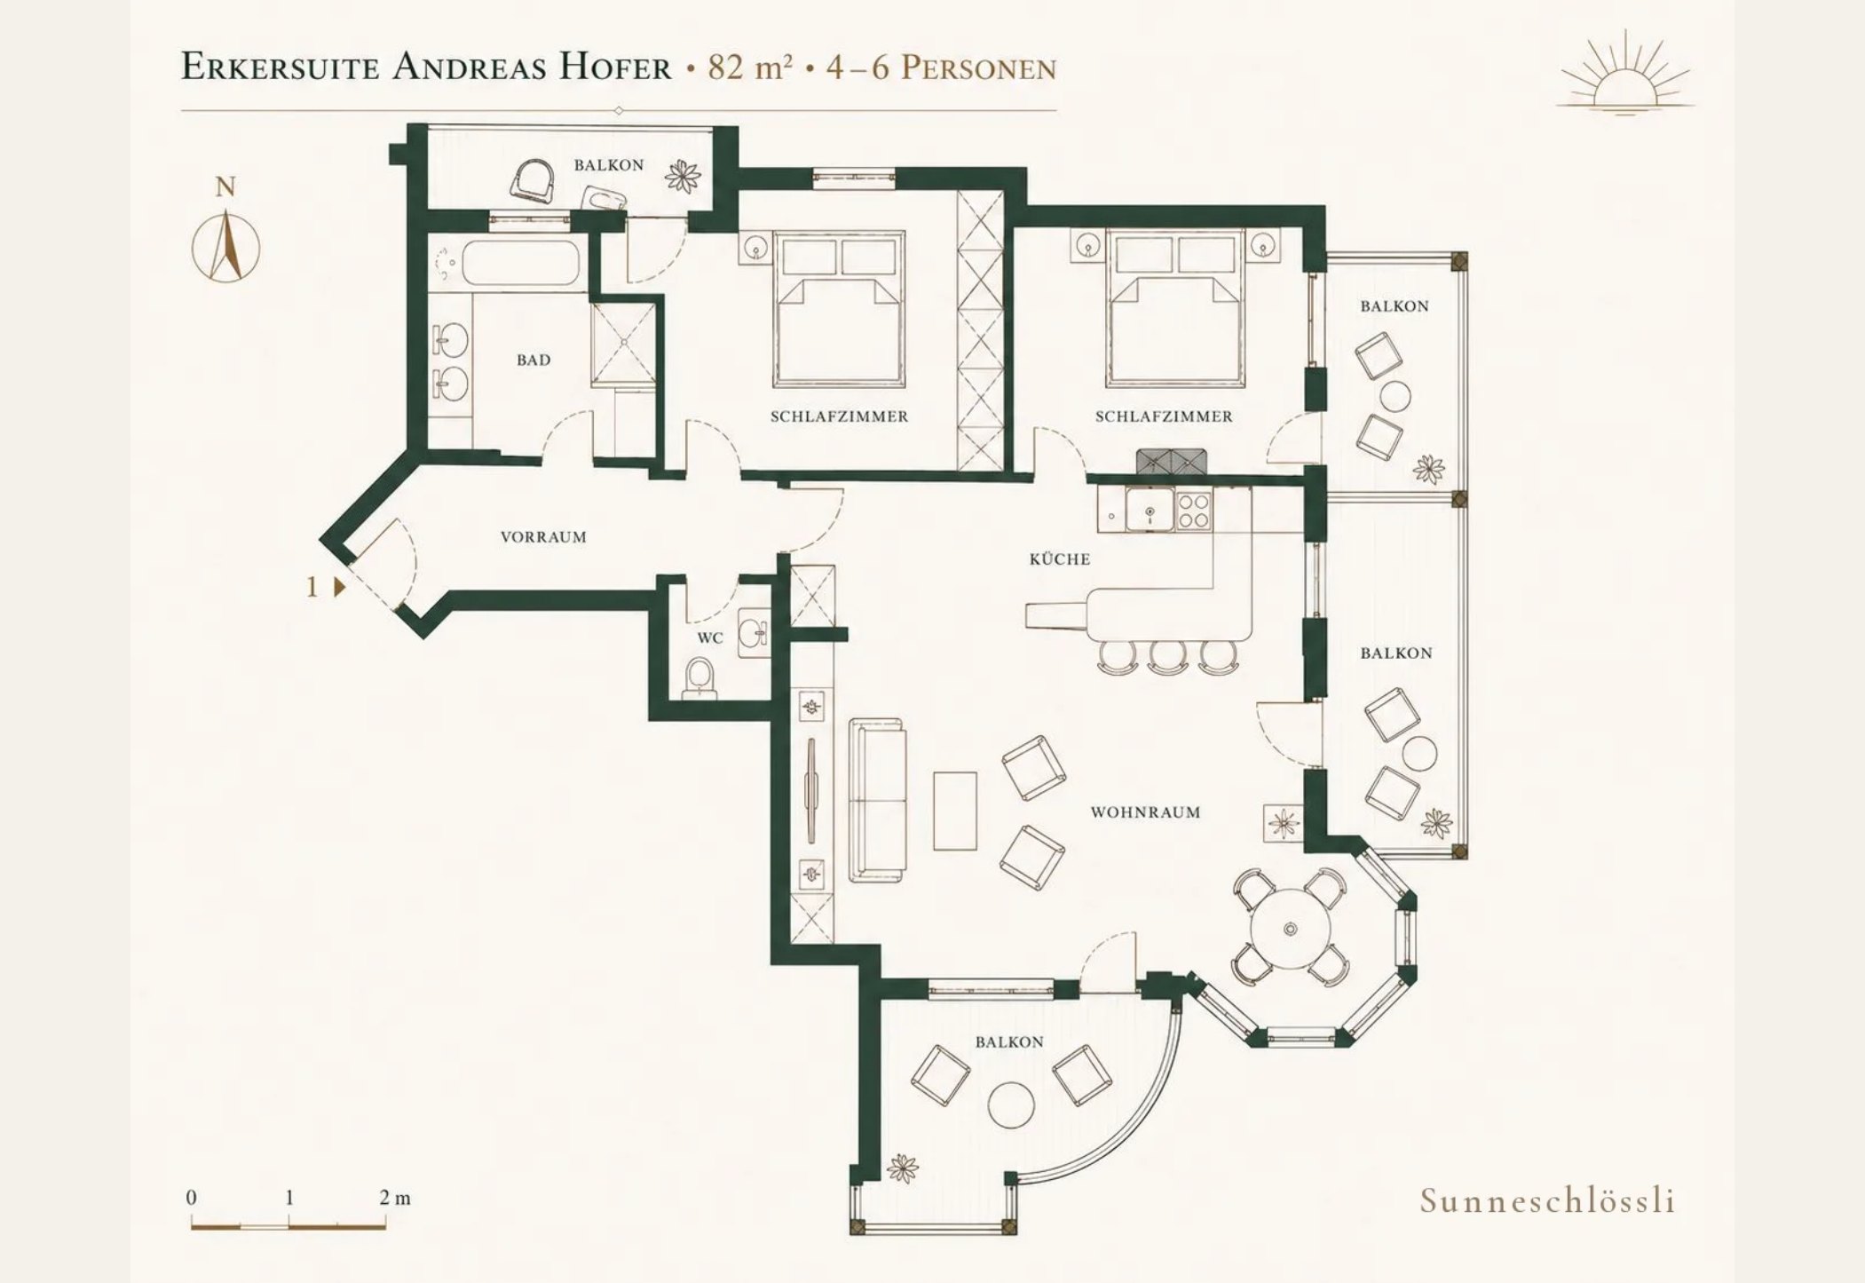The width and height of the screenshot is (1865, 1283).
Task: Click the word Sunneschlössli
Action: (x=1547, y=1200)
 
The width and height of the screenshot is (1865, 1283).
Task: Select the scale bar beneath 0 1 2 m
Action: (x=288, y=1226)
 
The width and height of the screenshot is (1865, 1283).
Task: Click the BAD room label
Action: (x=533, y=360)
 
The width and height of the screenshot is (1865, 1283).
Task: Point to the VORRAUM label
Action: (x=543, y=537)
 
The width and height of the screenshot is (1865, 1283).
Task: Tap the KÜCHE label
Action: (x=1060, y=558)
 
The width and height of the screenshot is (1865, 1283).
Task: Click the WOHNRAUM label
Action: (x=1145, y=812)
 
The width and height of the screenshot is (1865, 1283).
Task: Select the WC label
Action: (x=710, y=638)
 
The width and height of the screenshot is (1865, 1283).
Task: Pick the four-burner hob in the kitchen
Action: (x=1194, y=511)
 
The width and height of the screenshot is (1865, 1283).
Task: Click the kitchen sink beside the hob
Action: (x=1150, y=511)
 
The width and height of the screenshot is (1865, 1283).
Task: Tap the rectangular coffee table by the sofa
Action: (x=955, y=811)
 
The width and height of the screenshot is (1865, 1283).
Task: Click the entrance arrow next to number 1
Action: (x=339, y=587)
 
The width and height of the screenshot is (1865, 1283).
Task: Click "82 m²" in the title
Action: (x=749, y=67)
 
